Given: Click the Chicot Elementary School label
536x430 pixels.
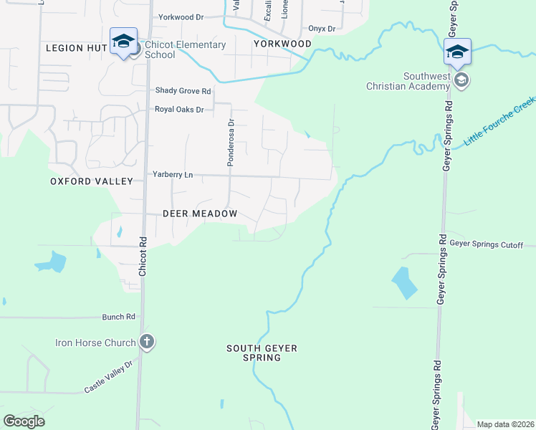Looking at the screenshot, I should tap(185, 49).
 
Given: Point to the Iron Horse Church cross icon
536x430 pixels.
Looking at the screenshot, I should tap(146, 342).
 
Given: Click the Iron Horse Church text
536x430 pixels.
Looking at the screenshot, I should tap(95, 343).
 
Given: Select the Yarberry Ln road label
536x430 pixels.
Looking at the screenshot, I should tap(173, 174).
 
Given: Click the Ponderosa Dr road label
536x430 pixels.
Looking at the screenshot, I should tap(231, 143).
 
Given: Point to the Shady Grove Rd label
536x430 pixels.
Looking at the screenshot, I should tap(183, 91).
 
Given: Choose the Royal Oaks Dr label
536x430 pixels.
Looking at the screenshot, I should tap(179, 110).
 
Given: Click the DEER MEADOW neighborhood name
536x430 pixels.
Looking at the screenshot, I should tap(199, 214).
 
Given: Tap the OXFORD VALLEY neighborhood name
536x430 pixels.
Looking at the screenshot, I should tap(92, 181).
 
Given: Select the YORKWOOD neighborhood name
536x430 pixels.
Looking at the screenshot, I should tap(282, 44).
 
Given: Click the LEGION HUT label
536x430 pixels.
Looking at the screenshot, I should tap(76, 48).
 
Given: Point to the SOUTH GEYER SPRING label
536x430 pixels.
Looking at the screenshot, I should tap(262, 353).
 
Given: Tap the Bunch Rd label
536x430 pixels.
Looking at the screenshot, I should tap(118, 316).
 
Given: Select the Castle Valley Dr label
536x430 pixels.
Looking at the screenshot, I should tap(109, 377).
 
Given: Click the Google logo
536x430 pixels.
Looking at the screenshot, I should tap(24, 421).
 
